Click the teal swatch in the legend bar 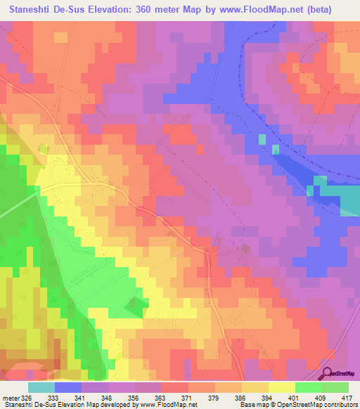point(41,387)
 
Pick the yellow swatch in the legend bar point(281,387)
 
